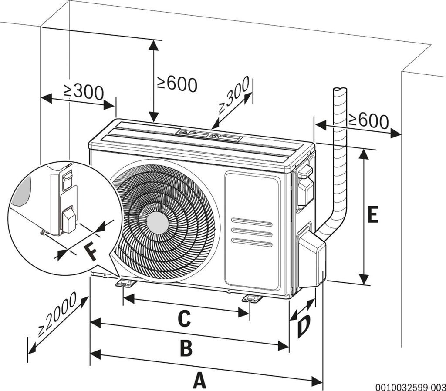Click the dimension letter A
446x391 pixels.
(199, 381)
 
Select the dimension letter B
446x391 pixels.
(186, 348)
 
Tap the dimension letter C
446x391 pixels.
(184, 318)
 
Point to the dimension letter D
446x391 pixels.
(304, 327)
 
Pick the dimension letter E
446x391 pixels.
(372, 215)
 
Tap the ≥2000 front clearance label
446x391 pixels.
(57, 314)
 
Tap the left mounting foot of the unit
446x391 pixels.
(125, 283)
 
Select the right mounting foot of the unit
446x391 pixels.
(252, 298)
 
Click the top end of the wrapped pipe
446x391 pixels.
(340, 90)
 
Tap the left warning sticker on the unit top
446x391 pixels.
(192, 132)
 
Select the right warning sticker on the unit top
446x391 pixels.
(225, 137)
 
